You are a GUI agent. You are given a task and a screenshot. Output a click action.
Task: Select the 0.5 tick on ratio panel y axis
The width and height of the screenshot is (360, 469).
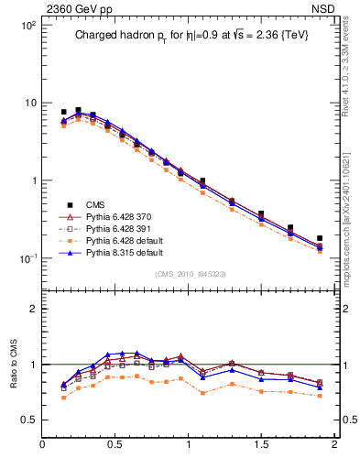pyautogui.click(x=27, y=420)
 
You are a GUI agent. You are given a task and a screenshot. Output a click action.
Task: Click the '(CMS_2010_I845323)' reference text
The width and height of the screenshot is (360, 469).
pyautogui.click(x=189, y=274)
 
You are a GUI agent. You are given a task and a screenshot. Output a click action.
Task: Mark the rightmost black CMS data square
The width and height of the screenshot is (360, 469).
pyautogui.click(x=320, y=238)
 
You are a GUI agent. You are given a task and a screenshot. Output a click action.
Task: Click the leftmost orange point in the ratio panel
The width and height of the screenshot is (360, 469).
pyautogui.click(x=63, y=398)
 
